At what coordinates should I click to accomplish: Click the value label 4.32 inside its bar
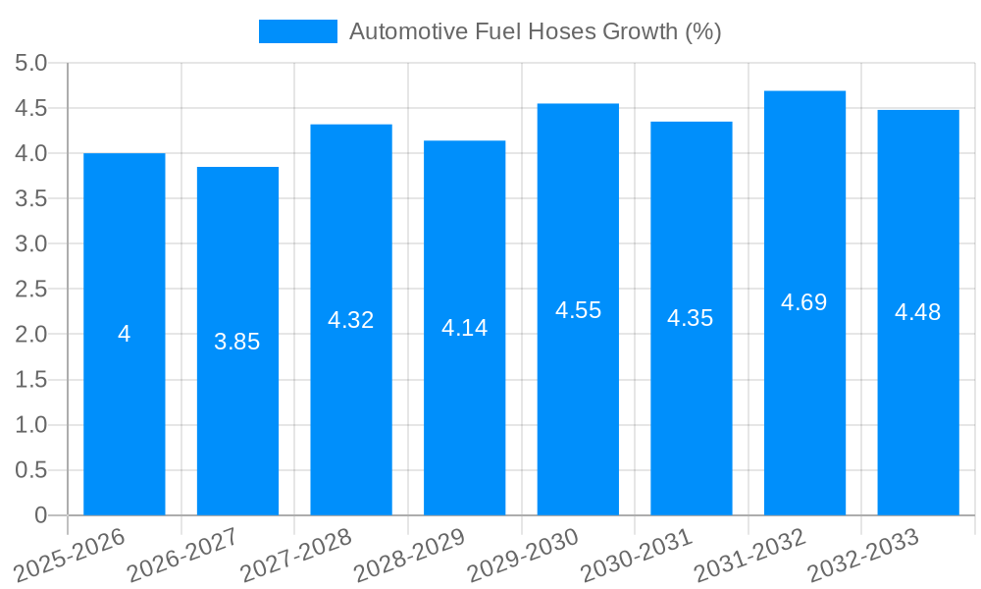tap(350, 320)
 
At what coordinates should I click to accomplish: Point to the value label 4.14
tap(464, 328)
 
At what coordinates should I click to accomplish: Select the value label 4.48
tap(917, 312)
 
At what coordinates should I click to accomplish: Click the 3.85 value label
tap(237, 342)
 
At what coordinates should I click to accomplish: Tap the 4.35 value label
tap(691, 318)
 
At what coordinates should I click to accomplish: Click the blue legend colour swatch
tap(297, 31)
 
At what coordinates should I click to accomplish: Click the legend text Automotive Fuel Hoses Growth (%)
tap(535, 31)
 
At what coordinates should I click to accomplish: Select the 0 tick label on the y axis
tap(40, 515)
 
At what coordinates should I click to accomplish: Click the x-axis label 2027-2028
tap(296, 556)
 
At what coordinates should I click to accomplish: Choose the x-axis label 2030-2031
tap(637, 556)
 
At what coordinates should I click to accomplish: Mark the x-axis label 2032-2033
tap(863, 556)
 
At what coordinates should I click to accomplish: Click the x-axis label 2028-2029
tap(410, 556)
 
